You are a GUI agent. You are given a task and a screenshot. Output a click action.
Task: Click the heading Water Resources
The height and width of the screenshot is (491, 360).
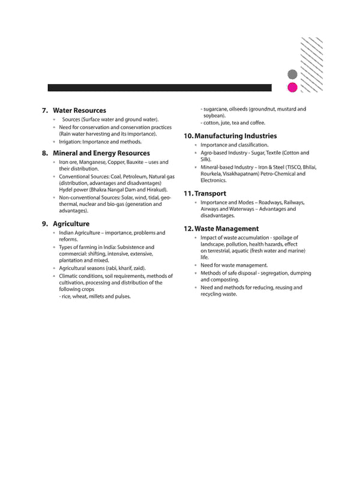(x=79, y=110)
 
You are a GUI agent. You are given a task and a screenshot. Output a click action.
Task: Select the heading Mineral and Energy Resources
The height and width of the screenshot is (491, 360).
(x=101, y=153)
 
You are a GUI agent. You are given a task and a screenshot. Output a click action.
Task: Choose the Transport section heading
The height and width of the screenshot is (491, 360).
(x=210, y=193)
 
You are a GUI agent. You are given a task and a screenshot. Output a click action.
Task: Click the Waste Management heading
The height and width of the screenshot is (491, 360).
(x=226, y=229)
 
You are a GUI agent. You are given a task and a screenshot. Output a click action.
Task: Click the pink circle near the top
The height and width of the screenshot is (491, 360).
(x=292, y=88)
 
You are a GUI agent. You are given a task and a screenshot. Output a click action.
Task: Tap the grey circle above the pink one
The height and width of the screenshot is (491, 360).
(x=292, y=74)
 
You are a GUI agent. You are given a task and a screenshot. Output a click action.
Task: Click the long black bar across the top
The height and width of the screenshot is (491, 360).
(x=159, y=88)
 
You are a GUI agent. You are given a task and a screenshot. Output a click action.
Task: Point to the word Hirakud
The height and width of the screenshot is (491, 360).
(x=155, y=190)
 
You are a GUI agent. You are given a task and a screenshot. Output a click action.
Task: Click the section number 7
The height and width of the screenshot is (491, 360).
(x=44, y=110)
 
